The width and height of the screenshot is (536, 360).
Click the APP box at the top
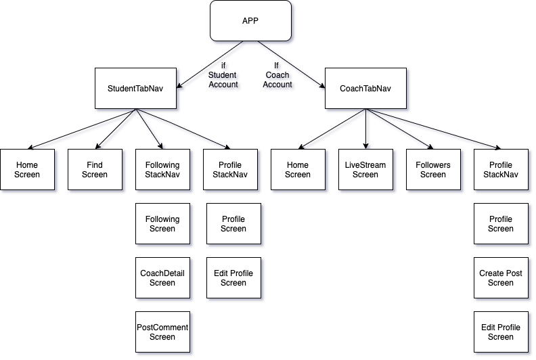(250, 20)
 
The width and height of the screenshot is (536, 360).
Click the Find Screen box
(95, 170)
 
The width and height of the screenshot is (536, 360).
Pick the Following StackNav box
(162, 170)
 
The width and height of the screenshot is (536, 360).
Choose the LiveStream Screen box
(365, 170)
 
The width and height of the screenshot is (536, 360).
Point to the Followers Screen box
(433, 170)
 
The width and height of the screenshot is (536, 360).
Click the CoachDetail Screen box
(162, 278)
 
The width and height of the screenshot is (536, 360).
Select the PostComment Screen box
(162, 332)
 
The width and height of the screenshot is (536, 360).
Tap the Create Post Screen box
(501, 278)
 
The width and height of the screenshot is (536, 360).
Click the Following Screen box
(162, 224)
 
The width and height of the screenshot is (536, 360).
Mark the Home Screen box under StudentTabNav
(27, 170)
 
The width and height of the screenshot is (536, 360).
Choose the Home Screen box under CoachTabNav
(298, 170)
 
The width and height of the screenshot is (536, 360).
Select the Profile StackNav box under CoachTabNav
(501, 170)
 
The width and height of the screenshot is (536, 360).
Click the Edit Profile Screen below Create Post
(501, 332)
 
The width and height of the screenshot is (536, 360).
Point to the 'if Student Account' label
(223, 75)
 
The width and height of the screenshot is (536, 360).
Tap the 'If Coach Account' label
(277, 75)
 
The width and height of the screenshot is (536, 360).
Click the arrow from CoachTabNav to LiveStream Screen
(365, 129)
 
